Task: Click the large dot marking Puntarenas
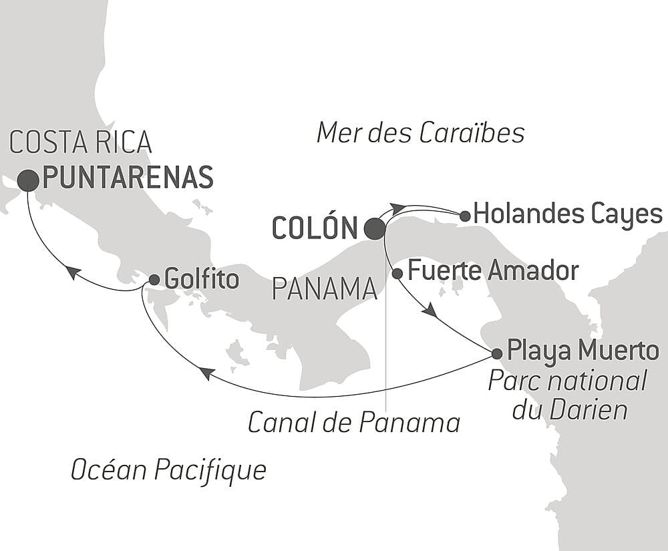(28, 180)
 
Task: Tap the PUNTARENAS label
(128, 178)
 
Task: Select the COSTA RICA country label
(81, 143)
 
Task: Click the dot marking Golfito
(154, 280)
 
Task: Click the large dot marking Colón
(375, 229)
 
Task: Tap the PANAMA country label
(325, 290)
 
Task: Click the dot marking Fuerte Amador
(397, 273)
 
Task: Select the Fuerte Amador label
(493, 271)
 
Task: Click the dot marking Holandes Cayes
(465, 215)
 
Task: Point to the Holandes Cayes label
(568, 214)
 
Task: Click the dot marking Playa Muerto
(497, 353)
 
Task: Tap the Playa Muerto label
(583, 351)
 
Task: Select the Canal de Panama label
(354, 422)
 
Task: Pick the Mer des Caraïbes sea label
(420, 133)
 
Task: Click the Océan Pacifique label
(168, 470)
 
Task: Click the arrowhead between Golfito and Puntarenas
(73, 272)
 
